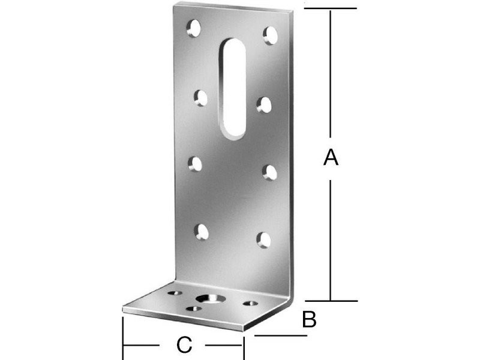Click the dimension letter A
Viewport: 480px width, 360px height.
331,157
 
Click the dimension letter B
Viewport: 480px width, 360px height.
309,319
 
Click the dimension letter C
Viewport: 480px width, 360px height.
184,344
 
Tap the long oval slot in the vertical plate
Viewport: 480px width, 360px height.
234,89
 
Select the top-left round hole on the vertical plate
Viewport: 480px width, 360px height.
194,28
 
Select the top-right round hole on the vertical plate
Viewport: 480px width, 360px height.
271,35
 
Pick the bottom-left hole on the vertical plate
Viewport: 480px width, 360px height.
202,232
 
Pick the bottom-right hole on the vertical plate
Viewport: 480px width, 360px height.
263,240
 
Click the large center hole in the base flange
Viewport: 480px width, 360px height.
211,298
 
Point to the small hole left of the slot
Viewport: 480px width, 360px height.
200,98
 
